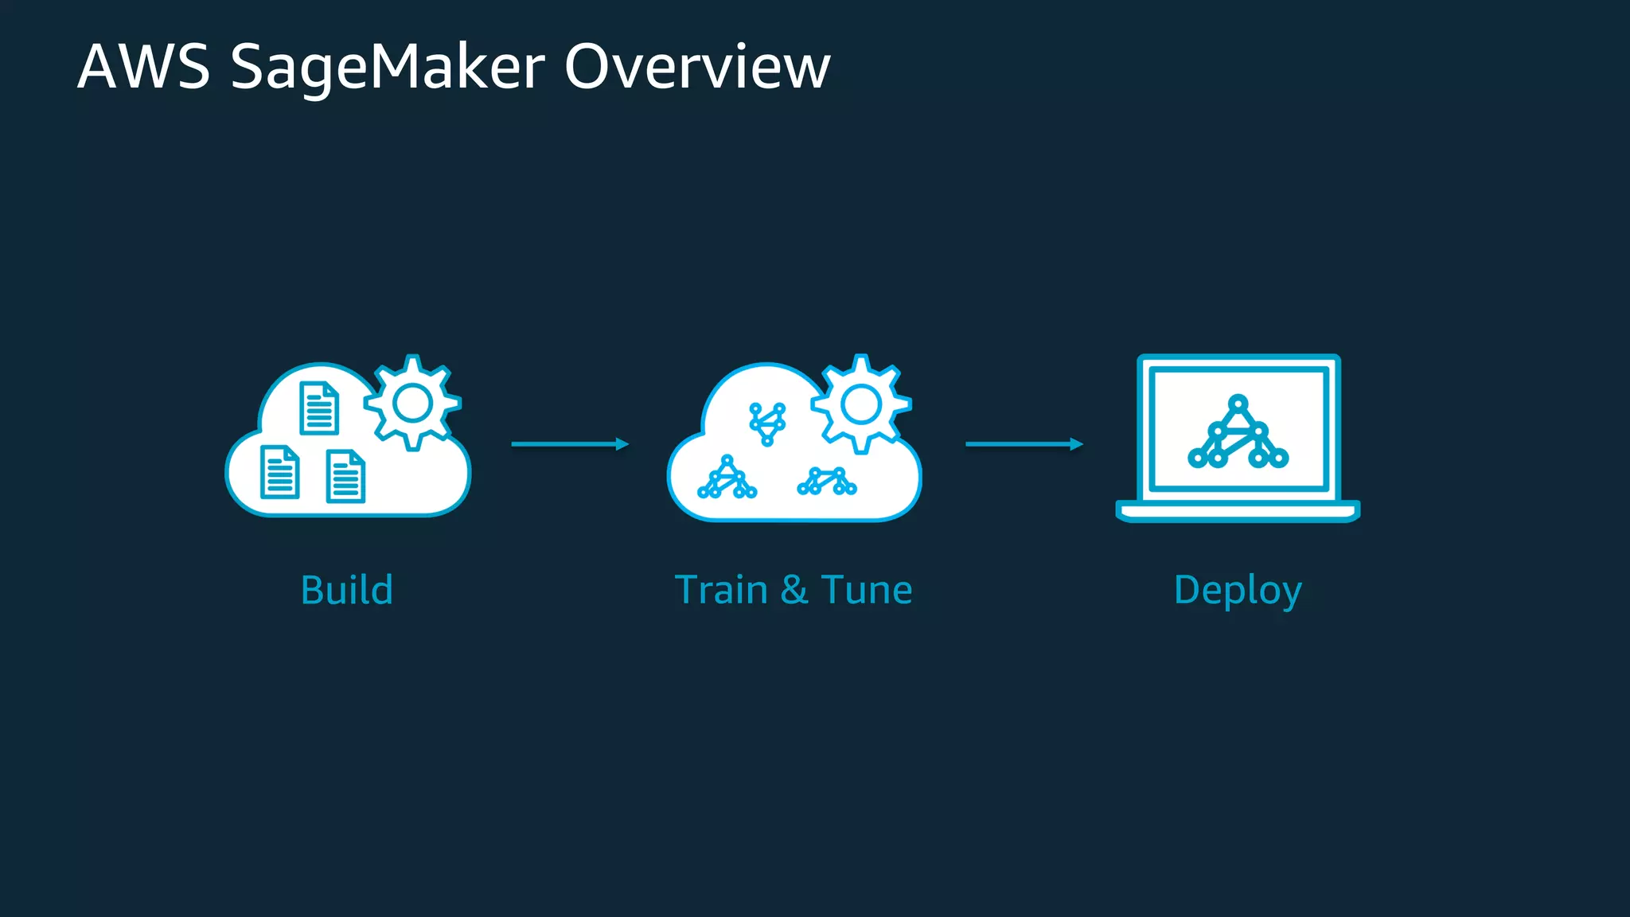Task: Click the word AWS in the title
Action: click(143, 67)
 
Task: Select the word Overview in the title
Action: click(697, 67)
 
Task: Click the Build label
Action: click(347, 590)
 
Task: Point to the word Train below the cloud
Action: click(721, 590)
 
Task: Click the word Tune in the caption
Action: click(867, 590)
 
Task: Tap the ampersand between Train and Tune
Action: click(794, 591)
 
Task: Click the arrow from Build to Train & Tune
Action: click(570, 443)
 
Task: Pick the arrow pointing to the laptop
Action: click(1024, 443)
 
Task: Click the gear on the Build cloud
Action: click(412, 403)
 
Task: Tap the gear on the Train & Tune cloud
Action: click(861, 404)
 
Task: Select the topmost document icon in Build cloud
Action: click(319, 408)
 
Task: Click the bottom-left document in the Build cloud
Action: click(280, 472)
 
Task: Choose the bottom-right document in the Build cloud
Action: click(345, 476)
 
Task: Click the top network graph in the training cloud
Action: click(767, 423)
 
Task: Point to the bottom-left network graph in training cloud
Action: click(727, 478)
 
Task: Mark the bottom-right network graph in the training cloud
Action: click(827, 482)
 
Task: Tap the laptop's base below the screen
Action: click(1238, 511)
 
